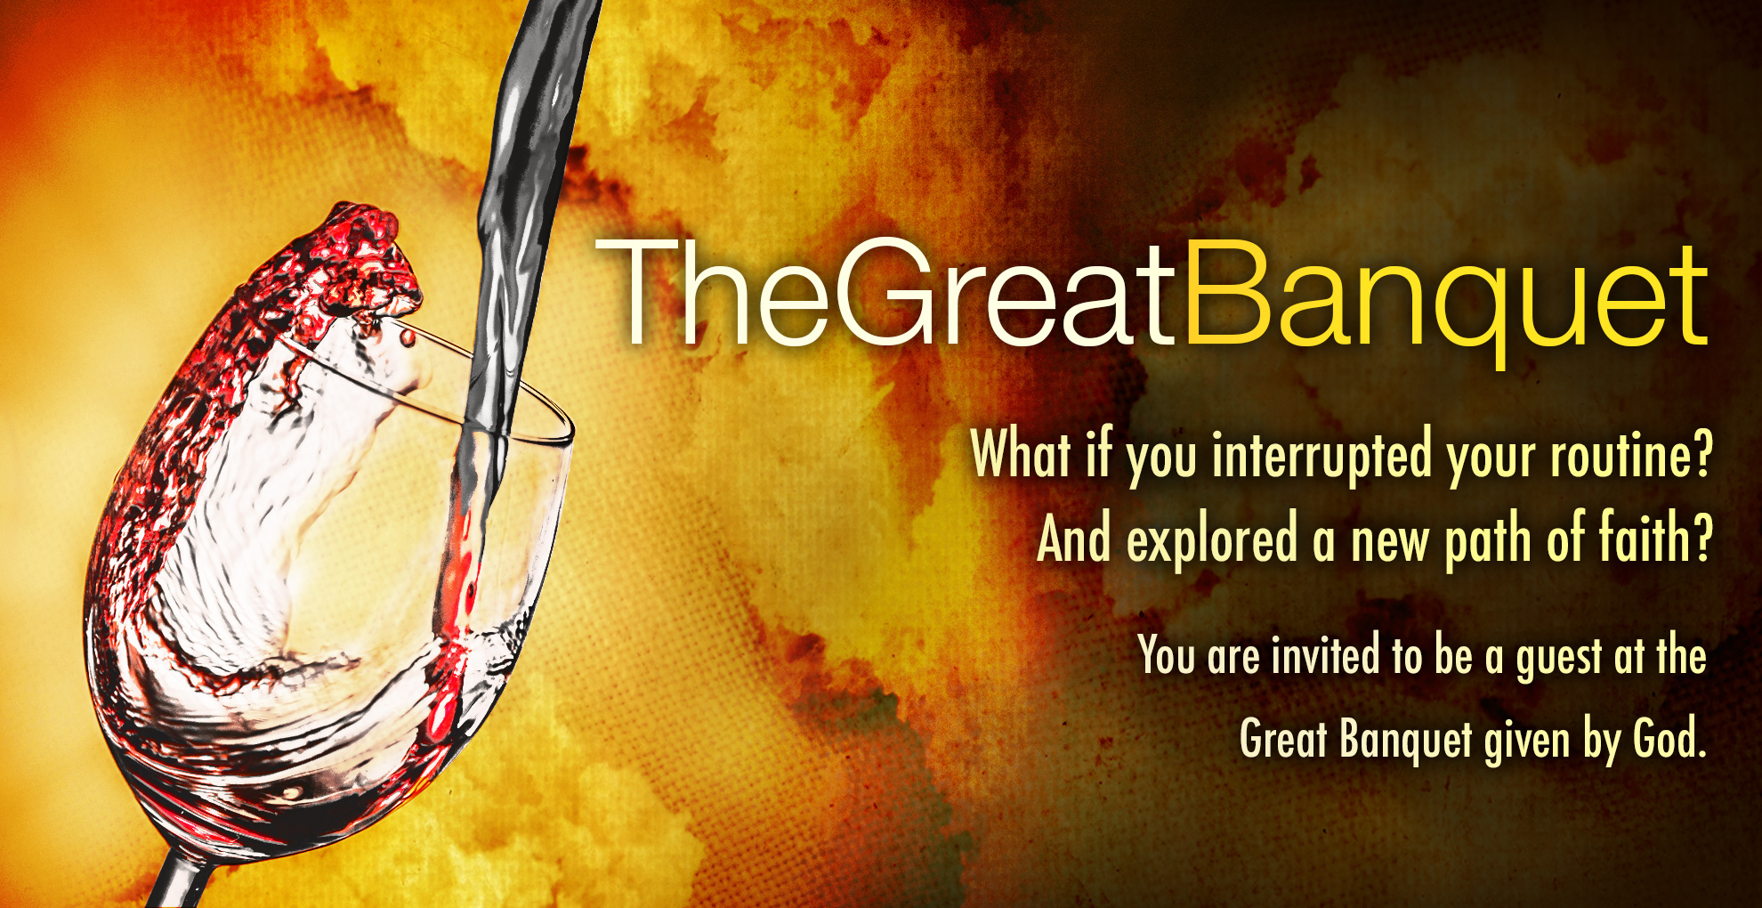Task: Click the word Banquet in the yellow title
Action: tap(1446, 298)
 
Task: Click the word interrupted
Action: tap(1323, 456)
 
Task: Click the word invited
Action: tap(1326, 656)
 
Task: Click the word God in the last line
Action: tap(1663, 738)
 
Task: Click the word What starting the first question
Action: tap(1020, 453)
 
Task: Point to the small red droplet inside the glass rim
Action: tap(408, 337)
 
